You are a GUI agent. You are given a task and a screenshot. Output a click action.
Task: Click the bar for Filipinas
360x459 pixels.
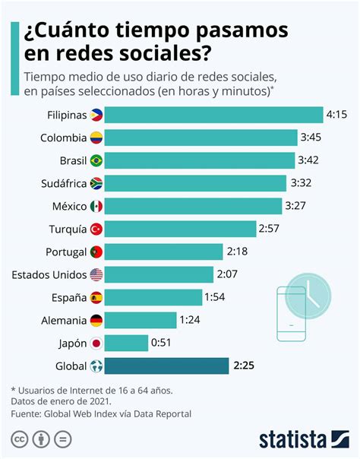point(213,115)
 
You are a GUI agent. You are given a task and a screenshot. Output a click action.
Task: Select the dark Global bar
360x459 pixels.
point(166,366)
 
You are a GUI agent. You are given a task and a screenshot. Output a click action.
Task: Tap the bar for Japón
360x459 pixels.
point(126,343)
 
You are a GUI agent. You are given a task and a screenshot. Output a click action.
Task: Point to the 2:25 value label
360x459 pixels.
point(244,366)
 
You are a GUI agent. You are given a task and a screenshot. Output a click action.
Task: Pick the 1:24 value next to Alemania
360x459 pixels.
point(190,320)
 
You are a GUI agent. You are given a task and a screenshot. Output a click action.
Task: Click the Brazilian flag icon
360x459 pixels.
point(96,160)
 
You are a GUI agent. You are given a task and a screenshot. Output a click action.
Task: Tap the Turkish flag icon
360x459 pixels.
point(96,229)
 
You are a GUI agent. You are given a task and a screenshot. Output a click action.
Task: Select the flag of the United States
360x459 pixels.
point(96,274)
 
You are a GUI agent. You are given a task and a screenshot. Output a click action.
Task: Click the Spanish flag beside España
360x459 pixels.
point(96,297)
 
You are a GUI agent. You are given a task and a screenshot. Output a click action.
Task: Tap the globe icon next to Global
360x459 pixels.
point(96,366)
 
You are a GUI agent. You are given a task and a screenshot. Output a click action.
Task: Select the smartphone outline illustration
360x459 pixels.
point(291,313)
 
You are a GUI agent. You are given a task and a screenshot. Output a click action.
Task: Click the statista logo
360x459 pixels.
point(302,438)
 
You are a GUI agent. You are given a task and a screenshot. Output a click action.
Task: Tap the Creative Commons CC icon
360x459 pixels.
point(18,439)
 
